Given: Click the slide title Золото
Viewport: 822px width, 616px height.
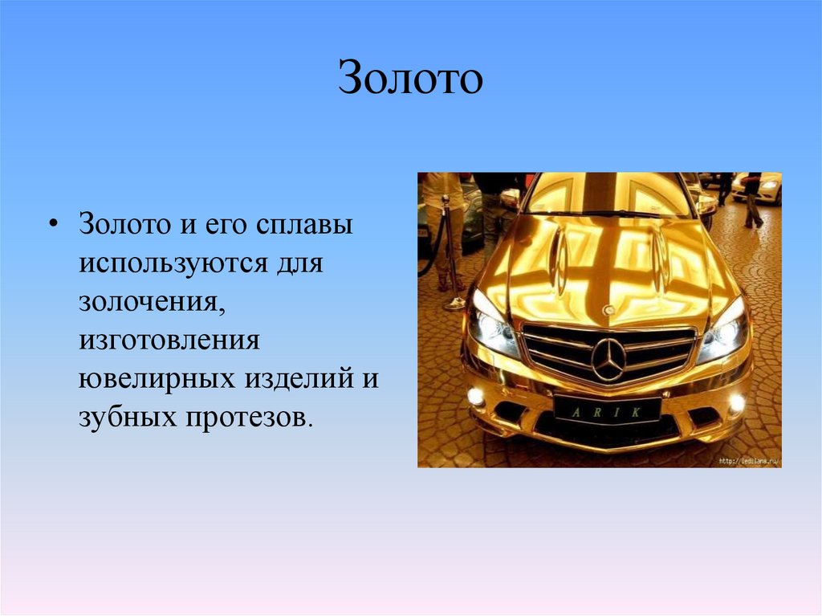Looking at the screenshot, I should pyautogui.click(x=410, y=77).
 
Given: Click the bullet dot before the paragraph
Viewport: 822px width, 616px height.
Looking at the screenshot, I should pyautogui.click(x=53, y=224).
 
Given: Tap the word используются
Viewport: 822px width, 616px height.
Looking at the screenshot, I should pyautogui.click(x=174, y=263).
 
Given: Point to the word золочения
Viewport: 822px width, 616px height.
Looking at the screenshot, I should pyautogui.click(x=149, y=301).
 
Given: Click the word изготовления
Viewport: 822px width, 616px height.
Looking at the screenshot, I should pyautogui.click(x=169, y=340).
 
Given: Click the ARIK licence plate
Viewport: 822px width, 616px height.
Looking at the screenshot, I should pyautogui.click(x=608, y=410).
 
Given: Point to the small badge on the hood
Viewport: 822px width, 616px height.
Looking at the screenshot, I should pyautogui.click(x=609, y=309).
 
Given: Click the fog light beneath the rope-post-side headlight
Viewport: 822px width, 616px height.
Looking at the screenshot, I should pyautogui.click(x=476, y=395).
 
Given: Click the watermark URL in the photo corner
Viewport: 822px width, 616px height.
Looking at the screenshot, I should pyautogui.click(x=748, y=461).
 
